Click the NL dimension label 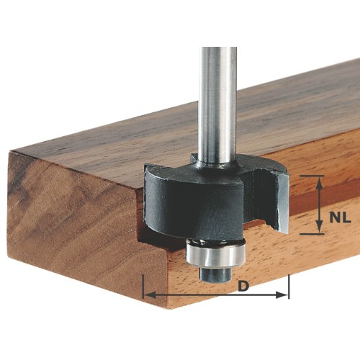coord(340,218)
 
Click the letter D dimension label coord(243,286)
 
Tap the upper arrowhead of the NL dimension coord(319,183)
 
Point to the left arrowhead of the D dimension coord(150,295)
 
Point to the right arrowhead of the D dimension coord(282,295)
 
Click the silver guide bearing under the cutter coord(215,255)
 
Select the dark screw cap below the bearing coord(215,274)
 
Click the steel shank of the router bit coord(219,103)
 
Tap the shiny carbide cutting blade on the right coord(283,204)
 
